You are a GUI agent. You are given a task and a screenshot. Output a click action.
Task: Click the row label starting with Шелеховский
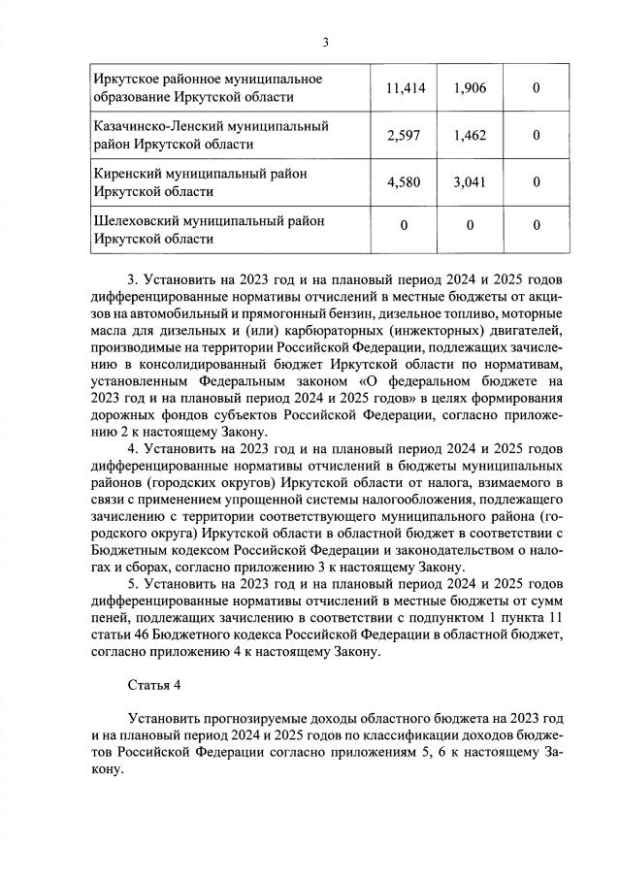[209, 230]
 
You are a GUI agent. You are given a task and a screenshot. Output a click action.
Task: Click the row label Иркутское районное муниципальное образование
[207, 88]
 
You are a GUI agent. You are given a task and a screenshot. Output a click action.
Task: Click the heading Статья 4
[154, 685]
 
